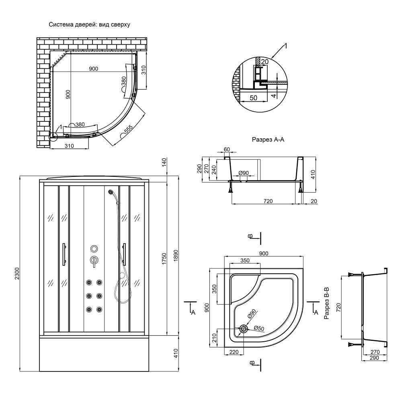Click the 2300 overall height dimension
[x=16, y=275]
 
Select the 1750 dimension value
[x=164, y=258]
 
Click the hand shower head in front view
[x=111, y=192]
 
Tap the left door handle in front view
[x=64, y=254]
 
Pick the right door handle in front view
[x=125, y=254]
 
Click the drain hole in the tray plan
[x=244, y=329]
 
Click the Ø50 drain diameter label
[x=258, y=329]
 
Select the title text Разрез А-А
[x=268, y=140]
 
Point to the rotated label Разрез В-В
[x=326, y=303]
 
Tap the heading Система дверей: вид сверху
[x=89, y=25]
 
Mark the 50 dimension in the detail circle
[x=253, y=98]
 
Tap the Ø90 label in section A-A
[x=244, y=173]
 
